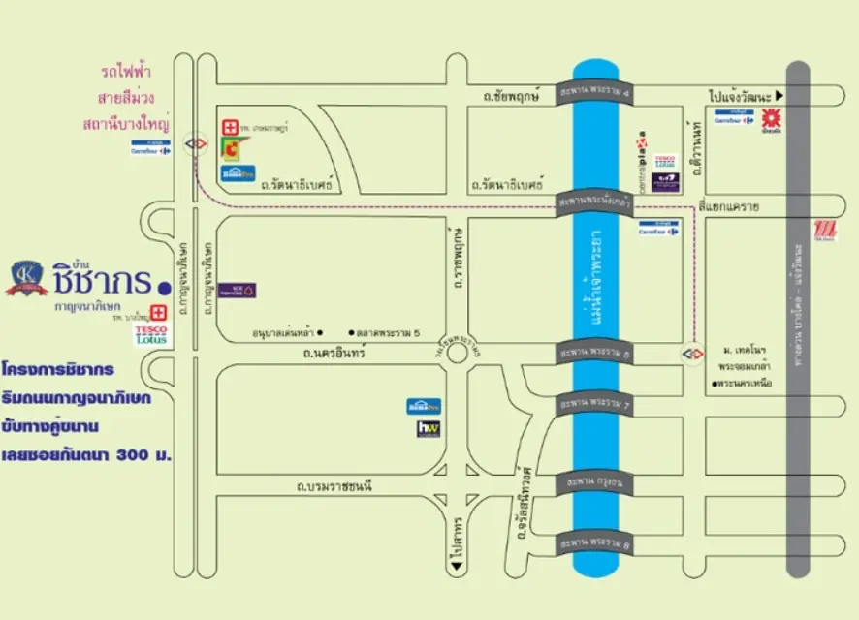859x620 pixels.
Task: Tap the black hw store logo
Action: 429,428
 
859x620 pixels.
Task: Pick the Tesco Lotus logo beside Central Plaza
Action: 665,161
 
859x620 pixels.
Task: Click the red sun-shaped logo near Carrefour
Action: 772,120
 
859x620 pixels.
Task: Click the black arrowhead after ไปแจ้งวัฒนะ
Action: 779,97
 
